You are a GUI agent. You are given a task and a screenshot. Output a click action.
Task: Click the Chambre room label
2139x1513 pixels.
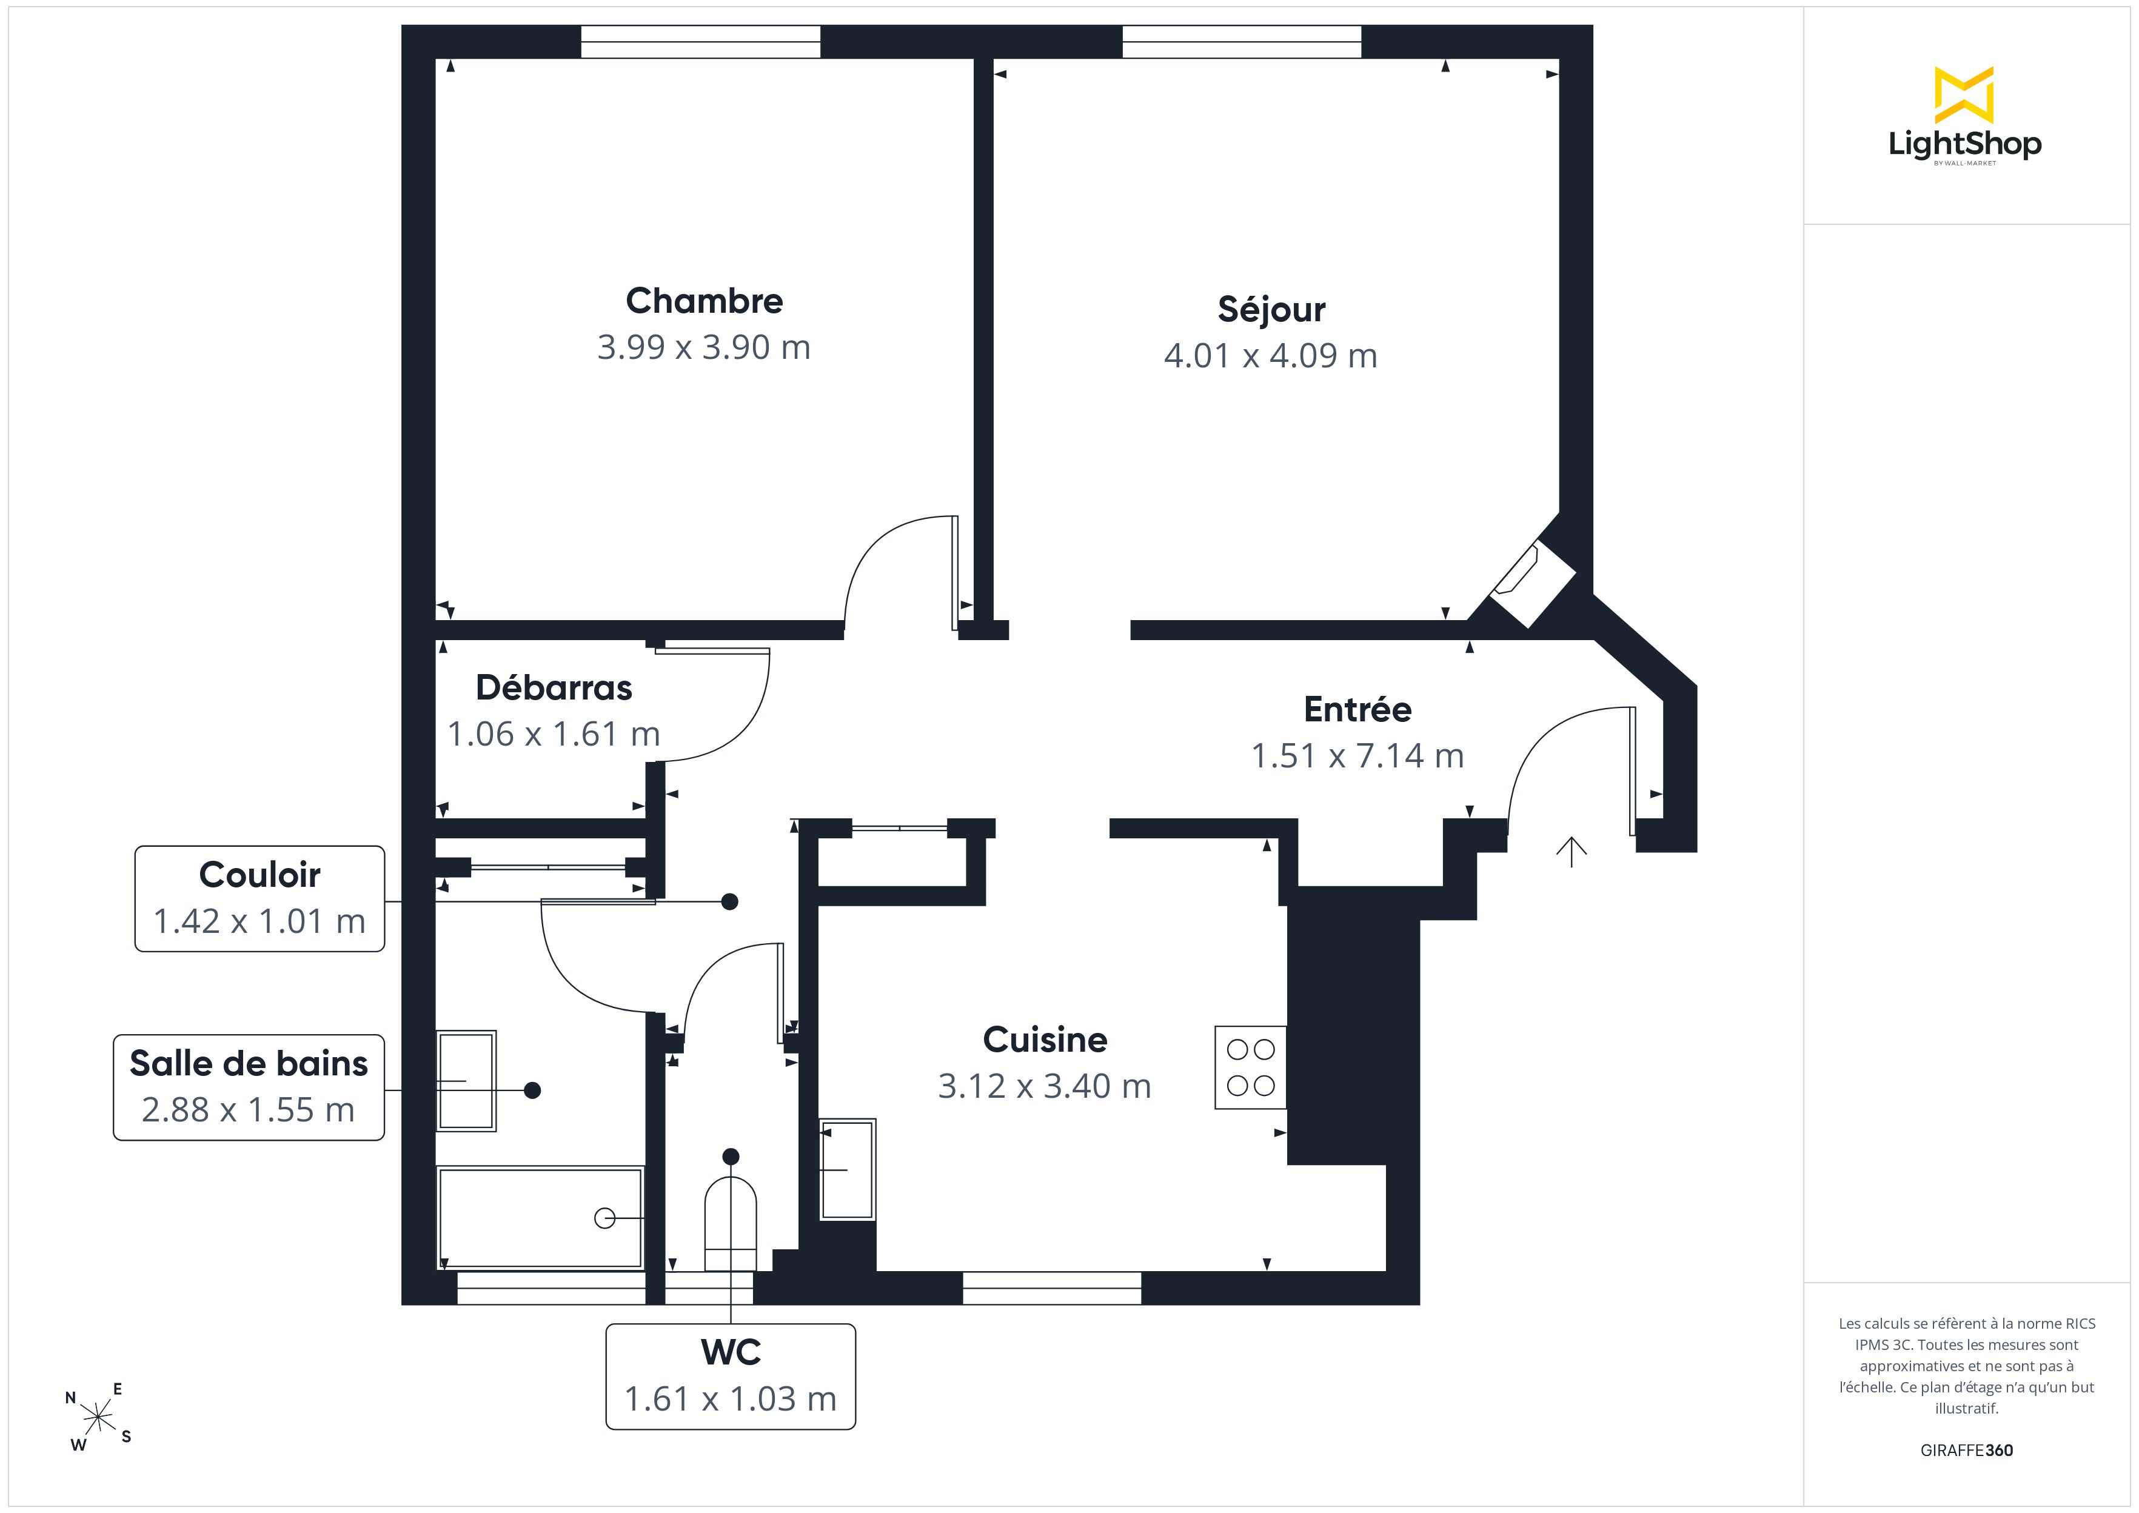click(705, 301)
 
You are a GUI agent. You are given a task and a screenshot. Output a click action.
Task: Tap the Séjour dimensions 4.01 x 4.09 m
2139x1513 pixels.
click(1271, 356)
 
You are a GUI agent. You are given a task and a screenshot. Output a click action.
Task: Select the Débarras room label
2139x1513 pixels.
click(554, 687)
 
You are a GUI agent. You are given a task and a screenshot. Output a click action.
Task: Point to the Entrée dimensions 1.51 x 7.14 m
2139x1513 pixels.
click(1357, 755)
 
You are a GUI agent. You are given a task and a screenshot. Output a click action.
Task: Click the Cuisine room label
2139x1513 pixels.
click(1045, 1040)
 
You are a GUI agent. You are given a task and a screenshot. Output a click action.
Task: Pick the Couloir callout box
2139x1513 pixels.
click(260, 899)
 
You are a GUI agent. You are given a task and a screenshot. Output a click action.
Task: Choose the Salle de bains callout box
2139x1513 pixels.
click(249, 1087)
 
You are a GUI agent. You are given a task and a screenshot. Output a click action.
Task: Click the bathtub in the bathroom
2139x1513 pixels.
click(540, 1218)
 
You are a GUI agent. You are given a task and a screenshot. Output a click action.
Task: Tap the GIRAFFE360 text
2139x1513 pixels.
click(1967, 1451)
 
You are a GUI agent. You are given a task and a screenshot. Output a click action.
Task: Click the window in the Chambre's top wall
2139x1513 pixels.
click(701, 42)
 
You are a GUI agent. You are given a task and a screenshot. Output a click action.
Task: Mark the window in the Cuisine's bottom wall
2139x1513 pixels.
click(1052, 1288)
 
